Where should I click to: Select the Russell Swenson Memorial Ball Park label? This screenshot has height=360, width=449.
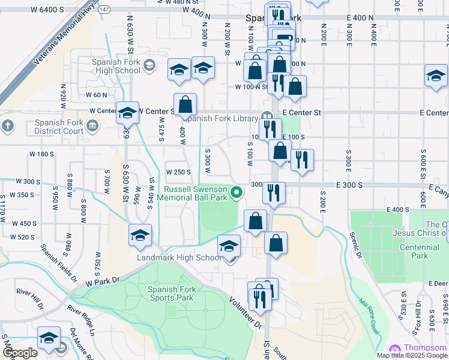[195, 193]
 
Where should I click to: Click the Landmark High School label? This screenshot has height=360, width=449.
[179, 258]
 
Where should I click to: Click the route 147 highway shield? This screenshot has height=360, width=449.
[104, 10]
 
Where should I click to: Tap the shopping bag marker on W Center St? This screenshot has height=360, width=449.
[185, 104]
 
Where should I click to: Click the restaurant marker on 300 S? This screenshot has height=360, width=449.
[274, 193]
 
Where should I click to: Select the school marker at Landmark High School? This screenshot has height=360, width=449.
[228, 246]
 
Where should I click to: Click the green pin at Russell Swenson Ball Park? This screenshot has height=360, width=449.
[237, 193]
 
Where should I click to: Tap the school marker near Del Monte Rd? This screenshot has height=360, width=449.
[49, 338]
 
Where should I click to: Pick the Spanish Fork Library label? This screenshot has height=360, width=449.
[221, 118]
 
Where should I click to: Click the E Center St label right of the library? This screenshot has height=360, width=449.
[302, 112]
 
